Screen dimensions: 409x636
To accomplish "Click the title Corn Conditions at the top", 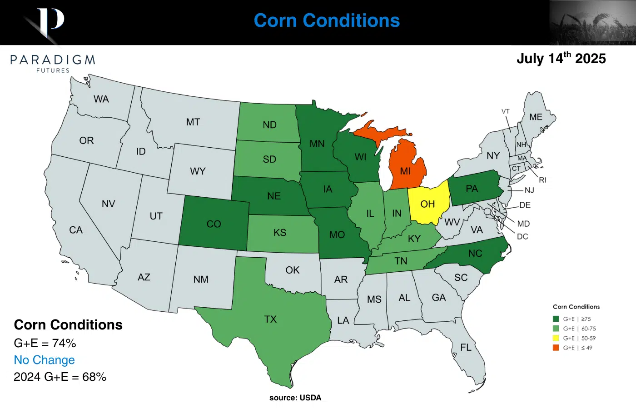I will [x=327, y=20].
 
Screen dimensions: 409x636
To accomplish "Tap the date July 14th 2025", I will [x=561, y=59].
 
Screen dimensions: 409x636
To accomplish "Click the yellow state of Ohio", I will [x=428, y=204].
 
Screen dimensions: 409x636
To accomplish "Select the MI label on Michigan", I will [x=405, y=171].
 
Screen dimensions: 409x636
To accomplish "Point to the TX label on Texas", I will [x=270, y=319].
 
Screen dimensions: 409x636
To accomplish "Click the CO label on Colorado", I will [x=214, y=224].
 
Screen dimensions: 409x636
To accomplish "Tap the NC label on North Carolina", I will [x=475, y=254].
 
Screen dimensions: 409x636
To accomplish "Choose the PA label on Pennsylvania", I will [x=472, y=189].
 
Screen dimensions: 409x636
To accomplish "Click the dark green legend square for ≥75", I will [x=556, y=319].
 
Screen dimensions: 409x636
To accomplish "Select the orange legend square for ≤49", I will [x=556, y=348].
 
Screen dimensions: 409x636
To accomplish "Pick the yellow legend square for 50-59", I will [x=556, y=338].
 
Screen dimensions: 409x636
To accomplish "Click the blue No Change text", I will [x=44, y=360].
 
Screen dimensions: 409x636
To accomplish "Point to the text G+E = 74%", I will [x=45, y=343].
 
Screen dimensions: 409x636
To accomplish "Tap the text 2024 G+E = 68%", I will [x=60, y=377].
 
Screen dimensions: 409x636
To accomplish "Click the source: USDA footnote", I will [x=295, y=398].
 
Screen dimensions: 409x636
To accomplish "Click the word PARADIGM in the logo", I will [x=53, y=60].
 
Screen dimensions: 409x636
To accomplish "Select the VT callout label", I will [x=506, y=111].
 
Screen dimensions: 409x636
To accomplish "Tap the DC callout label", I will [x=522, y=236].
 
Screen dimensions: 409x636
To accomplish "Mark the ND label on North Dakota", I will [x=269, y=125].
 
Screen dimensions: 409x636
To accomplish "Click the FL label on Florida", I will [x=466, y=347].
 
